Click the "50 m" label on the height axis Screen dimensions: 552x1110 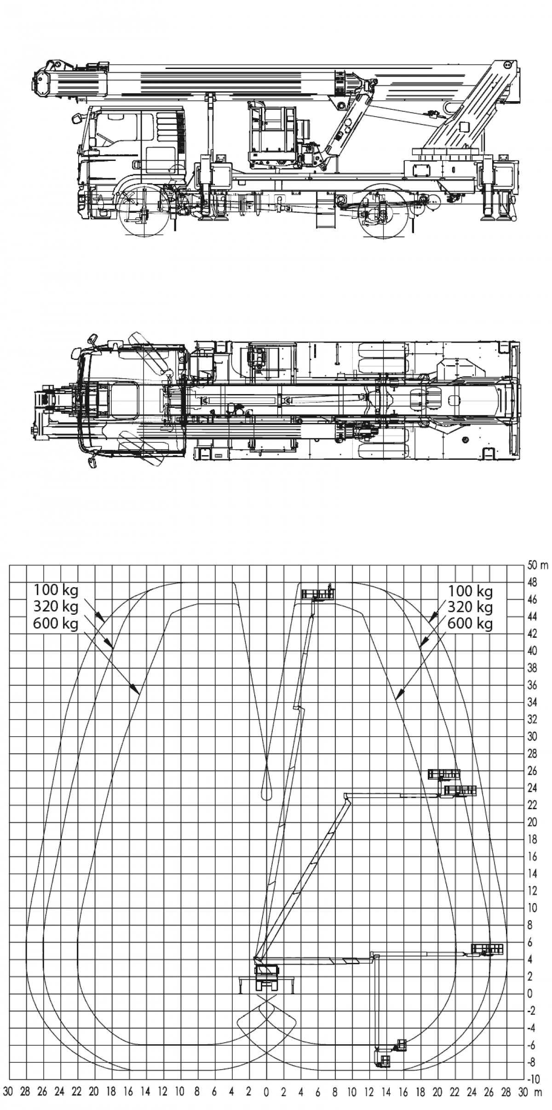click(x=538, y=565)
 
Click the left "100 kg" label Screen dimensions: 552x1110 click(x=56, y=590)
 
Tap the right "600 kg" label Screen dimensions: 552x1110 click(x=470, y=624)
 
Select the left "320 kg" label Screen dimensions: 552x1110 click(x=56, y=607)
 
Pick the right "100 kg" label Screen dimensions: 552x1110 click(x=470, y=590)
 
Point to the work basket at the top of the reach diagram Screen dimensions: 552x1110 click(x=317, y=593)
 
